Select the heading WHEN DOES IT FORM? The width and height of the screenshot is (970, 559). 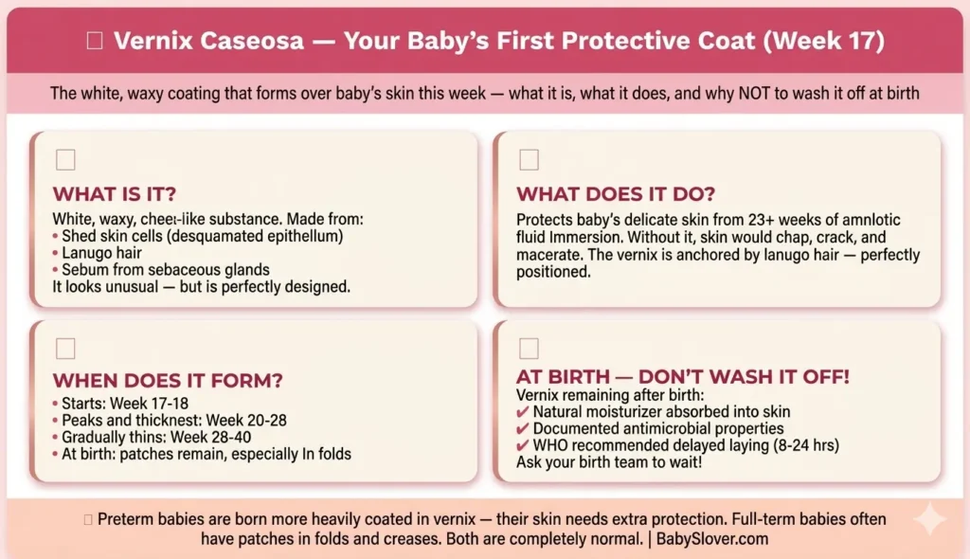tap(168, 380)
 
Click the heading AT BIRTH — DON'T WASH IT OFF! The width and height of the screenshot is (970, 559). tap(682, 376)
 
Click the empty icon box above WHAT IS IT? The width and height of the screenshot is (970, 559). tap(65, 159)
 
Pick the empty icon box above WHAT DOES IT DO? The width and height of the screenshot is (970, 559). tap(529, 159)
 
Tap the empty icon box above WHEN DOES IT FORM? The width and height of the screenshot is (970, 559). tap(65, 348)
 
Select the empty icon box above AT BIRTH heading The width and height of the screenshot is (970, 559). tap(529, 348)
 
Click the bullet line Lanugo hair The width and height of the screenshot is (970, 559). tap(104, 253)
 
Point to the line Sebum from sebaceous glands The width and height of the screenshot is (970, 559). tap(165, 270)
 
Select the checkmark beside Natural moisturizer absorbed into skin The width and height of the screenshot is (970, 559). tap(523, 412)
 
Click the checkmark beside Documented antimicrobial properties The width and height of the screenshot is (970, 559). tap(523, 429)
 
